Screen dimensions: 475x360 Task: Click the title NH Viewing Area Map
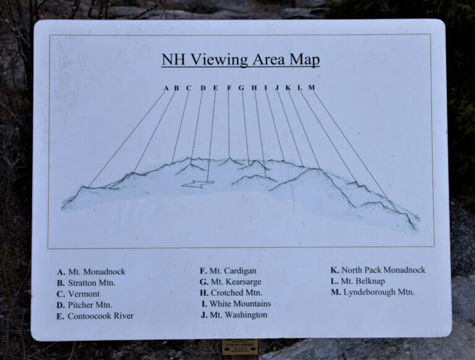coord(240,60)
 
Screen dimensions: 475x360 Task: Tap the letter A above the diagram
coord(166,88)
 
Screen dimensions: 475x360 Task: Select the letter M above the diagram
coord(311,88)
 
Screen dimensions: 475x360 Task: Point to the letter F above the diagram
coord(229,88)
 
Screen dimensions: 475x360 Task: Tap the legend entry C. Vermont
coord(78,294)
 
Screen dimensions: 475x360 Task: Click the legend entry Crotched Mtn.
coord(231,293)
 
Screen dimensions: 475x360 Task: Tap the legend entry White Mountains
coord(236,304)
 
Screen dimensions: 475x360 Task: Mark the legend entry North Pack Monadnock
coord(378,270)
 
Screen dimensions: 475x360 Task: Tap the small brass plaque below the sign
coord(240,348)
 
